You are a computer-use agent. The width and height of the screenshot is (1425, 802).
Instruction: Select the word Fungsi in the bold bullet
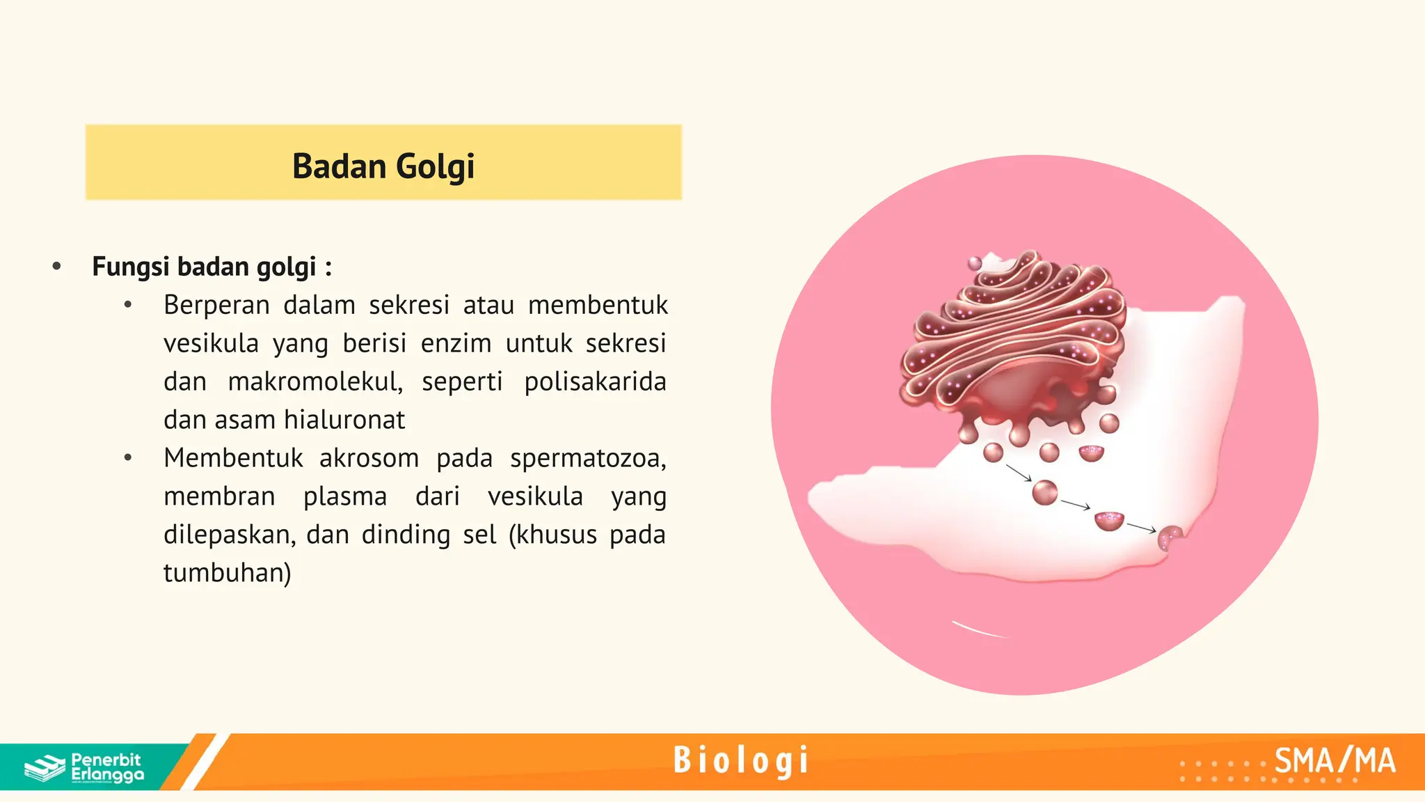coord(131,267)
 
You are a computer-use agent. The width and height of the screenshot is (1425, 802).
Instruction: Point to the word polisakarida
coord(595,382)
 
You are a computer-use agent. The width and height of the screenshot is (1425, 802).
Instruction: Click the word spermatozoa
coord(588,458)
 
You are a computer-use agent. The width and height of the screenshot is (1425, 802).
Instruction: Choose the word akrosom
coord(369,458)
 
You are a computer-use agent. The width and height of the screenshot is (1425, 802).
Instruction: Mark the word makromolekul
coord(315,382)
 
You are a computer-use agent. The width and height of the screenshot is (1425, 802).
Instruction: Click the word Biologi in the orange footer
coord(741,760)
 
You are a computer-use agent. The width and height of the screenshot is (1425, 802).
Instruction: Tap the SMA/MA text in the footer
coord(1335,761)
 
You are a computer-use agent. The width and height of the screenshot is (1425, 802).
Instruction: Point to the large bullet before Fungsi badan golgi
coord(57,266)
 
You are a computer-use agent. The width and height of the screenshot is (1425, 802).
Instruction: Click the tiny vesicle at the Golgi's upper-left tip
coord(976,263)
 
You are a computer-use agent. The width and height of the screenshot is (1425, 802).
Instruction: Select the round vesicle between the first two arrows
coord(1044,492)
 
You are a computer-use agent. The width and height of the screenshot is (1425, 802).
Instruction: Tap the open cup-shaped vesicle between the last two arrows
coord(1109,521)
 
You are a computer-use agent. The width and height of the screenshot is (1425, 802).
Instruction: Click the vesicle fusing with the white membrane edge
coord(1170,537)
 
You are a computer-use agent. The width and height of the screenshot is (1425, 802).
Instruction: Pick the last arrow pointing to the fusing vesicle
coord(1141,527)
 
